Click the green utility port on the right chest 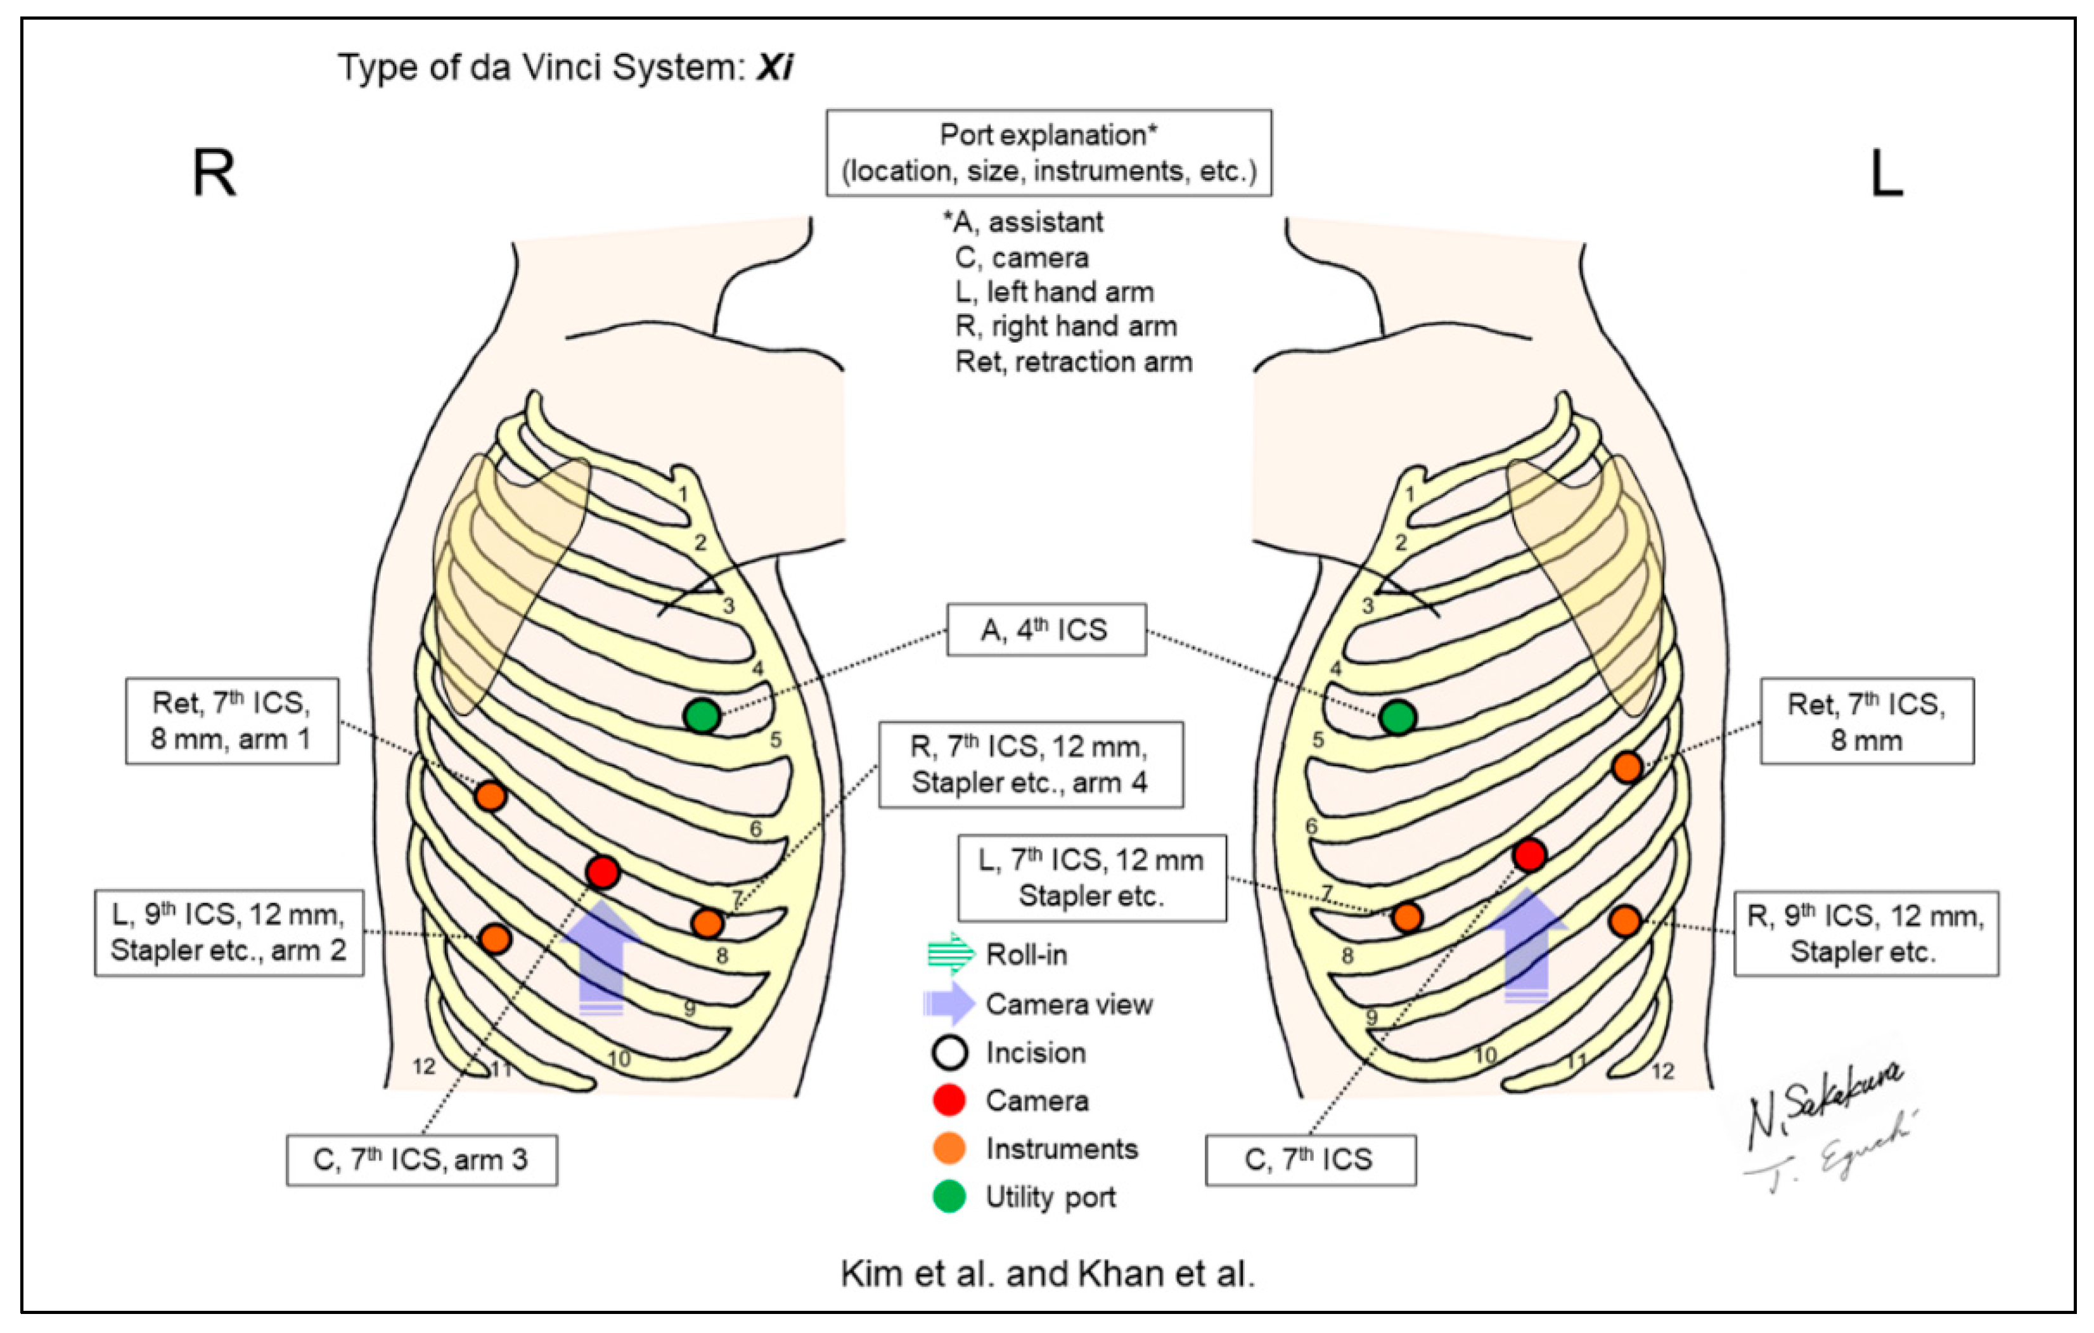[x=702, y=716]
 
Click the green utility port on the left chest [x=1397, y=718]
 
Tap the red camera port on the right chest [x=603, y=872]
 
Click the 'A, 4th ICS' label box [x=1046, y=629]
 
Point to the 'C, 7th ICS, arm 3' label [x=421, y=1160]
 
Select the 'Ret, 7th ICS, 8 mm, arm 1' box [x=232, y=721]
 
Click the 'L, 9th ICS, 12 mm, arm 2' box [x=229, y=933]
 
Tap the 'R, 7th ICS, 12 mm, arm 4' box [x=1031, y=764]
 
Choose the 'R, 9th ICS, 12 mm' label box [x=1866, y=934]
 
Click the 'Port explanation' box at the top [x=1049, y=153]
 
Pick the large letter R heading [x=214, y=173]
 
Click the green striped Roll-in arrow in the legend [x=951, y=954]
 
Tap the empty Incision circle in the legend [x=949, y=1052]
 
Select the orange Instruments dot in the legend [x=949, y=1149]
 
